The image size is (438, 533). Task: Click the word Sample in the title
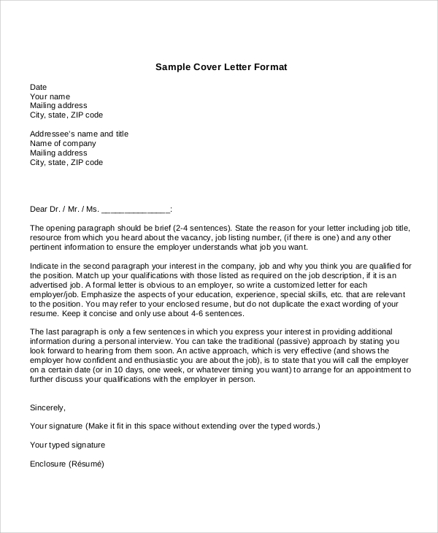(x=172, y=67)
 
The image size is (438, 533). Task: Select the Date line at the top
(x=38, y=87)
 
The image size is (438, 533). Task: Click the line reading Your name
(x=50, y=96)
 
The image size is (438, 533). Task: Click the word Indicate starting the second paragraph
(x=46, y=266)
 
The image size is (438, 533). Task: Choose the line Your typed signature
(x=67, y=445)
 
